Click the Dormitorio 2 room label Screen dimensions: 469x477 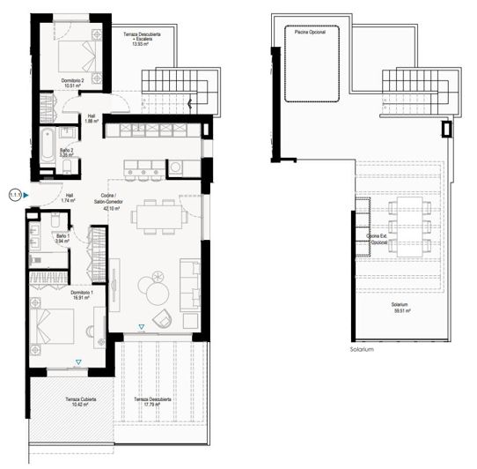pos(72,84)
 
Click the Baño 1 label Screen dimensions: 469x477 pos(62,239)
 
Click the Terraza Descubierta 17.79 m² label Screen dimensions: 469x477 pos(153,404)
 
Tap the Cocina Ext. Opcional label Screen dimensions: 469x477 pos(379,241)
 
